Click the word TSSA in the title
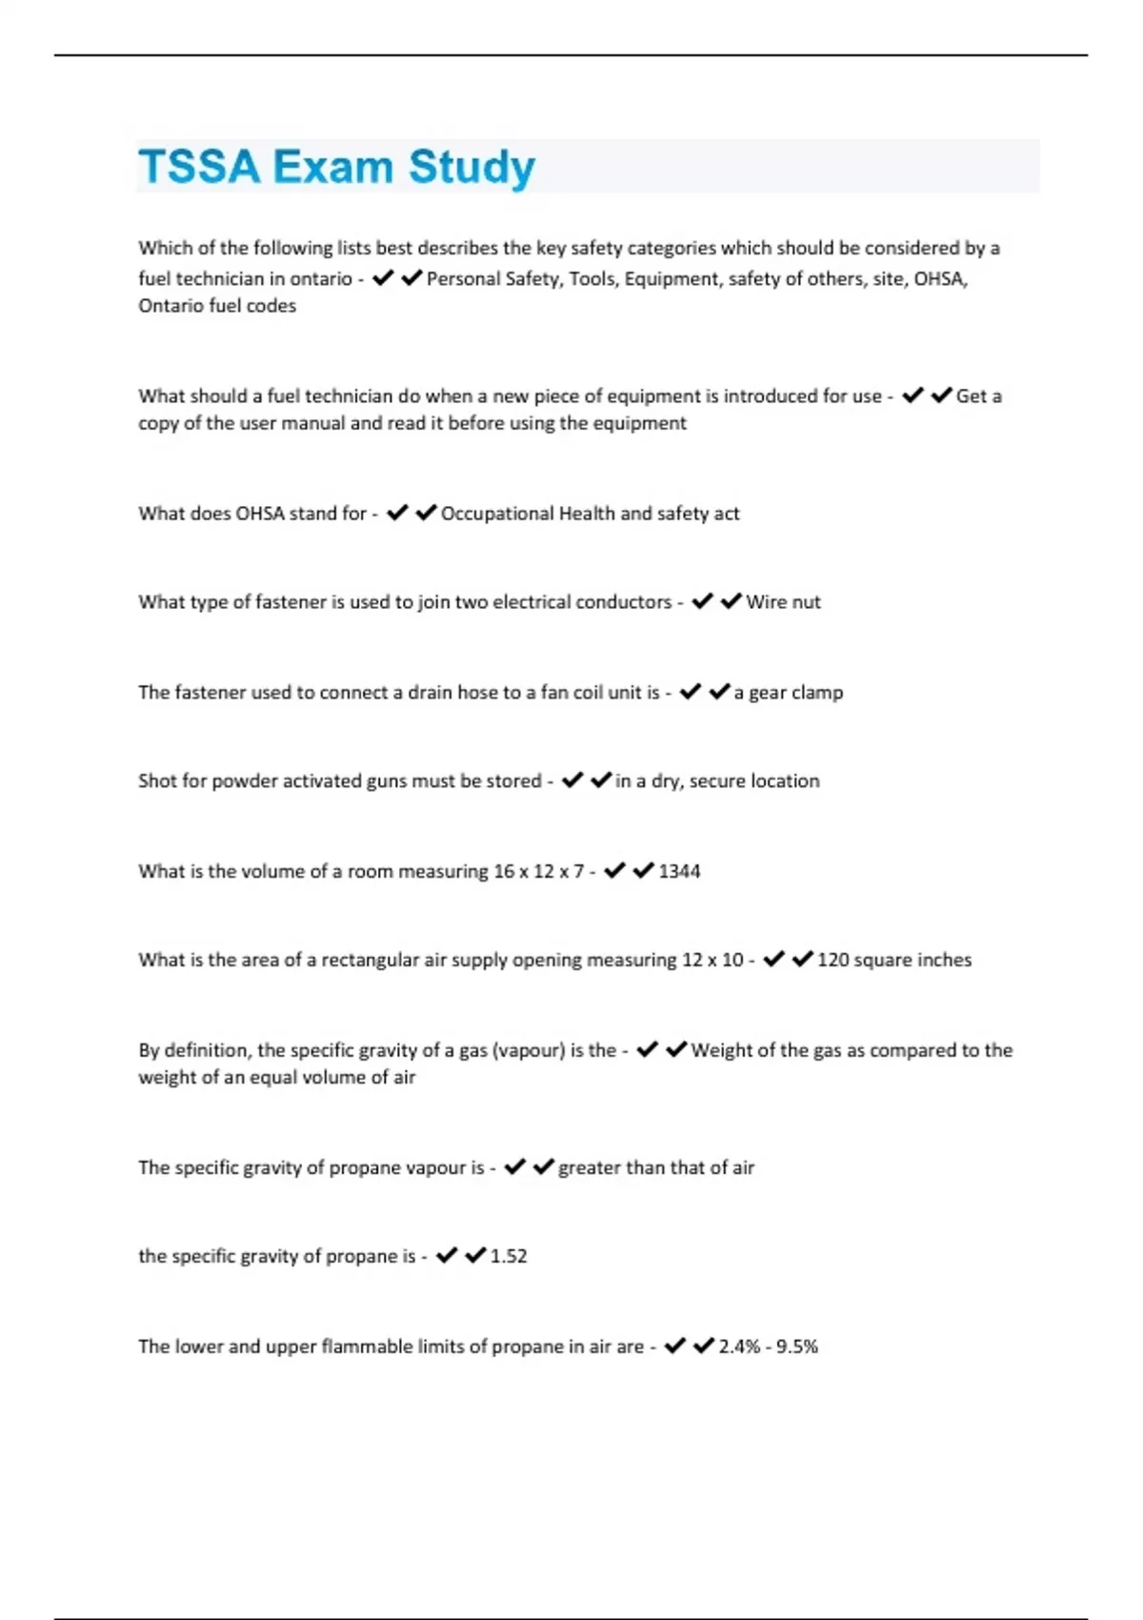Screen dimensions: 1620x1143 (199, 167)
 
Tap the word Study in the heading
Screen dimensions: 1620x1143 (471, 167)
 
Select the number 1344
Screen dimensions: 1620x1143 (679, 871)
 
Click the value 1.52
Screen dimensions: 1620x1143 (509, 1256)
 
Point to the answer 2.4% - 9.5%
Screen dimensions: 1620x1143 (768, 1347)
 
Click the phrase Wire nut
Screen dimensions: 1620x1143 (783, 602)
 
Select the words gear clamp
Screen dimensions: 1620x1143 (795, 693)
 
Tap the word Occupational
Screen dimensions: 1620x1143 (496, 514)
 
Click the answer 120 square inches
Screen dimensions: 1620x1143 (894, 960)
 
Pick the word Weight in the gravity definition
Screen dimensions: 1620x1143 (719, 1050)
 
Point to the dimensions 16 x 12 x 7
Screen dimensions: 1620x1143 (538, 871)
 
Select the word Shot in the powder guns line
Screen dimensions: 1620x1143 (157, 781)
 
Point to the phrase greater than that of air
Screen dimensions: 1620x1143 (656, 1167)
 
